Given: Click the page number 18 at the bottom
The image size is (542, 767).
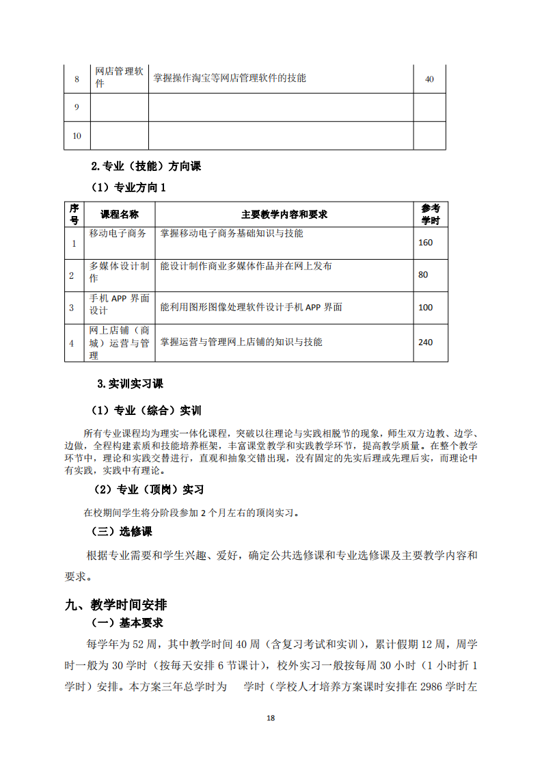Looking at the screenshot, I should (x=271, y=718).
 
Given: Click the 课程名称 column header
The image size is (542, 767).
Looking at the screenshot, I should (x=120, y=214).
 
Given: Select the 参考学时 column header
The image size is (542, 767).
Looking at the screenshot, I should (x=431, y=214).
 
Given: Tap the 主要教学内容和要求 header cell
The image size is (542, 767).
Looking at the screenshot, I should (x=284, y=214).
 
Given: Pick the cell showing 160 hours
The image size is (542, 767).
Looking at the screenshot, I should (x=425, y=243).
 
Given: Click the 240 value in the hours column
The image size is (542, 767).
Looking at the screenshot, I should (x=425, y=342).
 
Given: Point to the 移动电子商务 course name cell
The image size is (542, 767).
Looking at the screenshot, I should (x=118, y=233).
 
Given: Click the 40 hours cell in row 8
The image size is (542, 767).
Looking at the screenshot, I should (x=429, y=79).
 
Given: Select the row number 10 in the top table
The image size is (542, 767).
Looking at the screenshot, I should (x=77, y=136).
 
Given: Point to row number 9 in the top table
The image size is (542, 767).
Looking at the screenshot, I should (x=77, y=107).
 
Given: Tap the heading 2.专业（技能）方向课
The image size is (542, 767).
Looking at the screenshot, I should (x=146, y=166).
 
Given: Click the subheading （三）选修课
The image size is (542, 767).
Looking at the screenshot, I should (x=122, y=531).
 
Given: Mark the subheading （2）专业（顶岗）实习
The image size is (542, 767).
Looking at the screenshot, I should (x=148, y=490).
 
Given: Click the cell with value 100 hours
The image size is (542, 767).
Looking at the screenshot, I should (x=425, y=308).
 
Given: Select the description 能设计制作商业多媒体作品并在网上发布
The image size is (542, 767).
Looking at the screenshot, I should (x=246, y=266).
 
